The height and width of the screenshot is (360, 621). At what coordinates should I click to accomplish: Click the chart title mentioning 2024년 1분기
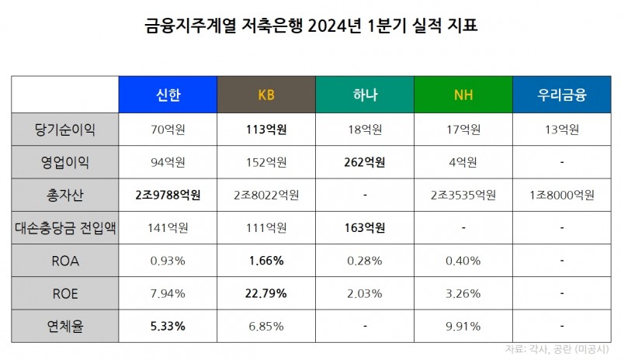310,26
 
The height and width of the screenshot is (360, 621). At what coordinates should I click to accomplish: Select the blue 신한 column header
168,95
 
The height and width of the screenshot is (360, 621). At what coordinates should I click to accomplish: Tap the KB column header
266,95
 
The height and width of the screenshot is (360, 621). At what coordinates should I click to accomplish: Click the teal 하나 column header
365,95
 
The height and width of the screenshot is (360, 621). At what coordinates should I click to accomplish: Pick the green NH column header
463,95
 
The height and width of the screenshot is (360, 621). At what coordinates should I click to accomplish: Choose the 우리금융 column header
562,95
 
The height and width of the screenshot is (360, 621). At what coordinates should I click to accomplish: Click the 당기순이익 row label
65,129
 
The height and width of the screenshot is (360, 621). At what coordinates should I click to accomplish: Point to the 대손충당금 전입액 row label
65,228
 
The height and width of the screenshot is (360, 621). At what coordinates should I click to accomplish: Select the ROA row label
65,261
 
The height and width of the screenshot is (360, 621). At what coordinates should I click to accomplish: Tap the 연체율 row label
65,327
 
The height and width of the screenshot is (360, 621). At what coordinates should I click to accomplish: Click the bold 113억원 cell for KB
266,129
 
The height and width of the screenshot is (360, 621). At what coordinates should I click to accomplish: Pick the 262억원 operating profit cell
365,162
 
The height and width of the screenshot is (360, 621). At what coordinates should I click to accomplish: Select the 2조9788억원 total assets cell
168,195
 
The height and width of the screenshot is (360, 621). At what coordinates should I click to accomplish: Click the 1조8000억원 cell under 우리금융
562,195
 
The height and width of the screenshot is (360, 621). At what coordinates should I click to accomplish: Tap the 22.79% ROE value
266,294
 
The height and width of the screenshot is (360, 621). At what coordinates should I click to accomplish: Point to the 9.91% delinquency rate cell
463,327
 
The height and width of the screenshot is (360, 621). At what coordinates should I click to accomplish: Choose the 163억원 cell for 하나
365,228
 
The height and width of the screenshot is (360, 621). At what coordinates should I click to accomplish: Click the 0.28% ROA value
365,261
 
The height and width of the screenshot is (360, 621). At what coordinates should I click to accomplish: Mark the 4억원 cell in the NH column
463,162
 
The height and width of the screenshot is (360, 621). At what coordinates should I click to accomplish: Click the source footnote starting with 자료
557,348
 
